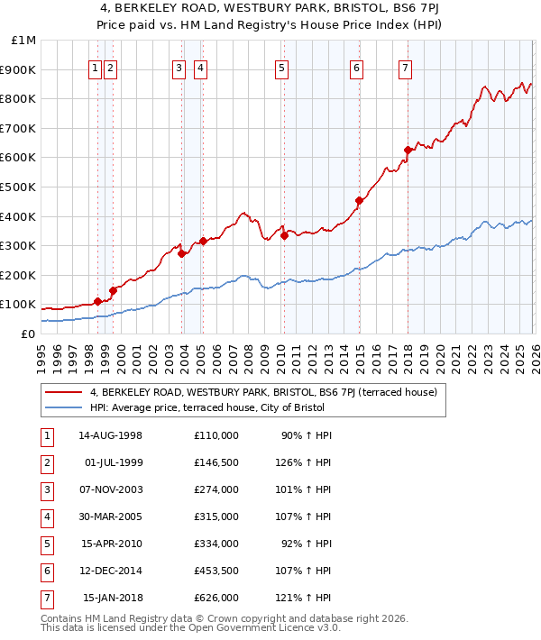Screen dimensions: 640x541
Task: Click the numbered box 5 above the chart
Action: [282, 67]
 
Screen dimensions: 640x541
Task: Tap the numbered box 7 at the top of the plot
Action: [406, 67]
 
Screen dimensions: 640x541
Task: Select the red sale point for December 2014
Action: [359, 200]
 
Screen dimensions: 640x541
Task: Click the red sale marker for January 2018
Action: [408, 150]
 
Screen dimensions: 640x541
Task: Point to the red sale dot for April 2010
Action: [284, 235]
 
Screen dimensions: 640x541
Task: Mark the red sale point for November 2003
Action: [182, 253]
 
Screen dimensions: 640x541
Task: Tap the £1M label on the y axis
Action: [24, 41]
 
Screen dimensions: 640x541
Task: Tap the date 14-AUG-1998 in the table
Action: [113, 435]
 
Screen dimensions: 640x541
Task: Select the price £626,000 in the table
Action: [216, 598]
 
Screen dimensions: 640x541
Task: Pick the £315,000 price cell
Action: [216, 517]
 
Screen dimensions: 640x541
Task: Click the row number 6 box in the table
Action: [46, 571]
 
